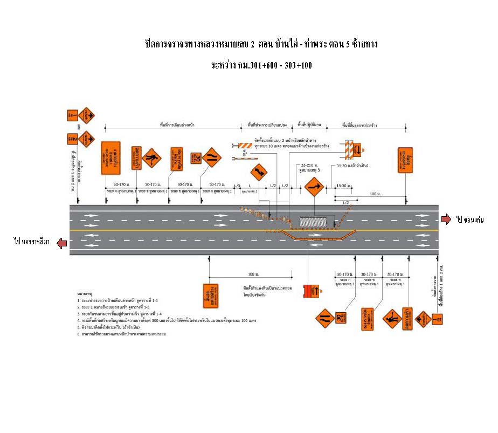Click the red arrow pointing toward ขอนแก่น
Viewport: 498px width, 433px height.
click(446, 218)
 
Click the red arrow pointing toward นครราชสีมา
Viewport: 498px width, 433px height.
click(62, 243)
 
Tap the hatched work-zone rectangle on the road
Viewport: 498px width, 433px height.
click(313, 223)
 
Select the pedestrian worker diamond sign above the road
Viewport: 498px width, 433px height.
click(151, 158)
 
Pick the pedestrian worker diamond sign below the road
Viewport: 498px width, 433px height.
click(391, 318)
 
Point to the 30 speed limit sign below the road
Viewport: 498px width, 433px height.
click(340, 318)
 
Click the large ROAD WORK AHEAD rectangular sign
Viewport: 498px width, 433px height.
click(110, 158)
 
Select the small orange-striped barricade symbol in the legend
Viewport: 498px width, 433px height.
click(246, 145)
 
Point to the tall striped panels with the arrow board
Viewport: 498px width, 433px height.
click(353, 148)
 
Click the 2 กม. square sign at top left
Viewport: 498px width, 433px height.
click(71, 139)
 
